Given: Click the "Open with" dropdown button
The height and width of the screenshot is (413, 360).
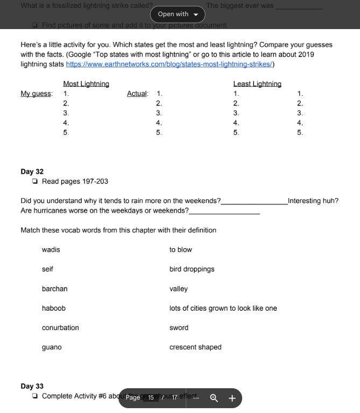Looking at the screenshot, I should (x=178, y=14).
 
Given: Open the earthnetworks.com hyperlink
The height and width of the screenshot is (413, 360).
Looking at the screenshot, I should (x=170, y=64).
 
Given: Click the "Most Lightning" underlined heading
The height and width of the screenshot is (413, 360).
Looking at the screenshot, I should (x=86, y=84).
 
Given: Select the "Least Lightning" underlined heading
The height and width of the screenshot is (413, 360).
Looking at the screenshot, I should (x=257, y=84).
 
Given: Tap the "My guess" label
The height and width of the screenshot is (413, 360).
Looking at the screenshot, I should (x=37, y=94).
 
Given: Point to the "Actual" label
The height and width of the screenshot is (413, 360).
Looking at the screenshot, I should (x=137, y=94).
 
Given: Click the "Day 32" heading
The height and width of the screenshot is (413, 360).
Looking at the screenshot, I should (x=32, y=172).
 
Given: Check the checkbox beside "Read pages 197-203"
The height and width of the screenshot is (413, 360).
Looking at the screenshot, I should (x=35, y=181).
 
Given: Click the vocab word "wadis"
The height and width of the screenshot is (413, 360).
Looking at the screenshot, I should (x=51, y=250).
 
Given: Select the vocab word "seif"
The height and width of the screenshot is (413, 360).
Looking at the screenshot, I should (x=47, y=269).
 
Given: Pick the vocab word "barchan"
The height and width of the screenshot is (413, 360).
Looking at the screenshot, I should (x=55, y=289).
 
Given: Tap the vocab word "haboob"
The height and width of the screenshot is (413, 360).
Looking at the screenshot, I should (x=54, y=309).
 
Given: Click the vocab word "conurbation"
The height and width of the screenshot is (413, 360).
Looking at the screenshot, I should (x=60, y=328).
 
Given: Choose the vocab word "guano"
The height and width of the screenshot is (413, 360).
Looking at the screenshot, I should (x=52, y=347).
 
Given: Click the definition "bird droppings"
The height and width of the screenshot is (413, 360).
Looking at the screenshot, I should (x=192, y=269).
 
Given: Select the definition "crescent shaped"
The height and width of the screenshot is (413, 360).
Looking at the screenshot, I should (x=195, y=347).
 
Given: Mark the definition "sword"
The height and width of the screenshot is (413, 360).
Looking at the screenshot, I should (x=179, y=328).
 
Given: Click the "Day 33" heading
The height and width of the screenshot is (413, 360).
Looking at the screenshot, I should (x=32, y=387).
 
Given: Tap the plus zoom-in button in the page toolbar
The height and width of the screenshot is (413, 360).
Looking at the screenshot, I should (x=232, y=398).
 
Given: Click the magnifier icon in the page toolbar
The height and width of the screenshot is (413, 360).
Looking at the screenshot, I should (x=214, y=398).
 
